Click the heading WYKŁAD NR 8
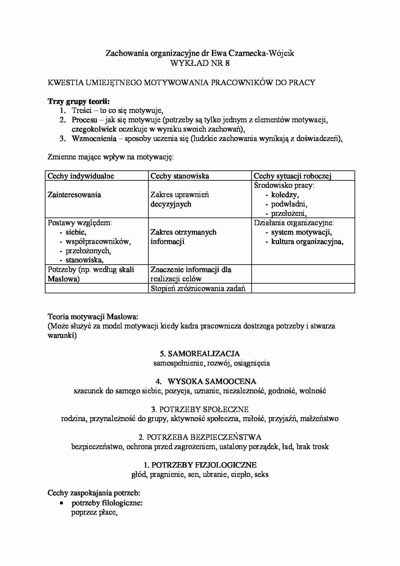coord(200,63)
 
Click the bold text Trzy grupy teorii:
coord(79,101)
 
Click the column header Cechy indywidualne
coord(81,176)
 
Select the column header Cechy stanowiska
coord(180,176)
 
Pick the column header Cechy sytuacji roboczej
coord(293,176)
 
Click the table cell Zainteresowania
coord(74,195)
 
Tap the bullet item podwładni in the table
coord(289,204)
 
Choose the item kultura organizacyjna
coord(307,241)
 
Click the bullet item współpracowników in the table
coord(98,241)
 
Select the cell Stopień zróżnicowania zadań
coord(198,288)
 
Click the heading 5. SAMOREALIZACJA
coord(200,354)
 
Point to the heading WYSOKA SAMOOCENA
coord(212,381)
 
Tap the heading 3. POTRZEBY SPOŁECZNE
coord(200,409)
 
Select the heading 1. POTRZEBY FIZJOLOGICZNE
coord(200,465)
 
